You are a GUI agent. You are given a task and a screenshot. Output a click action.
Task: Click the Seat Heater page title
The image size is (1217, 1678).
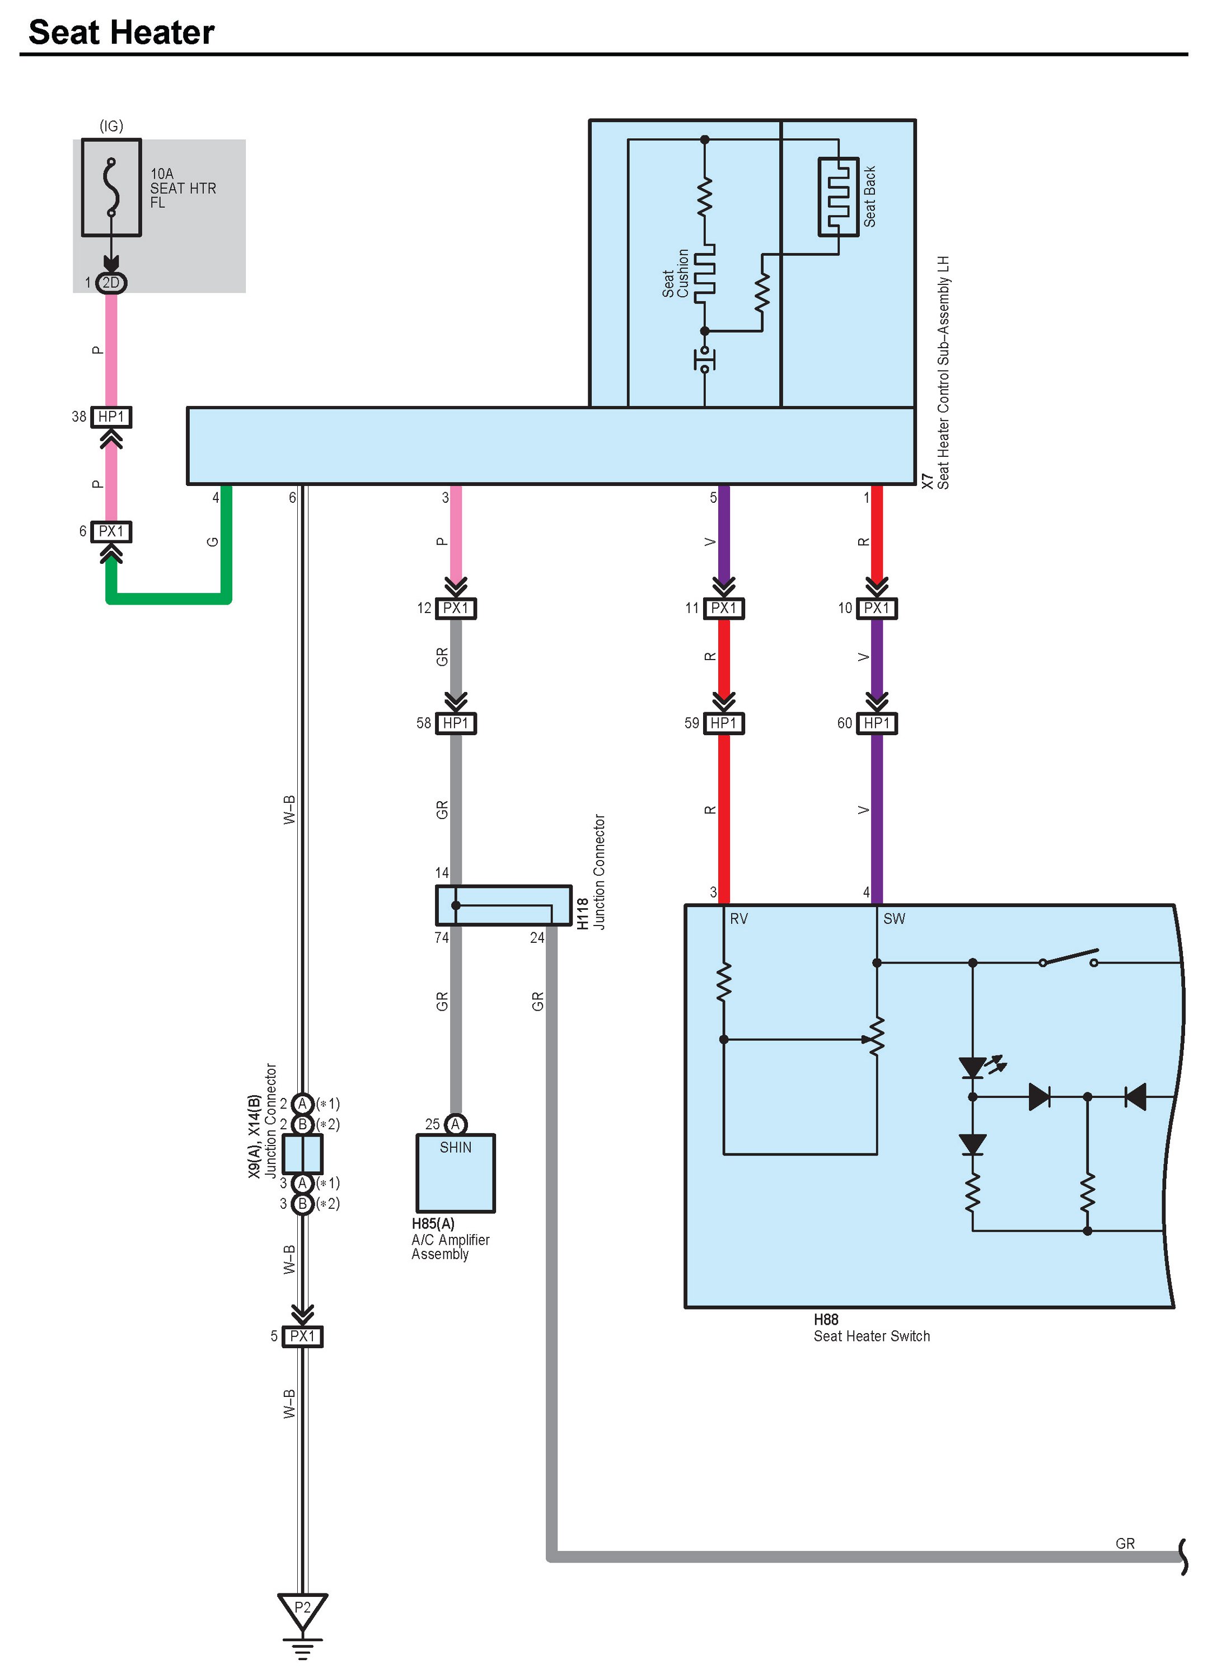click(x=121, y=32)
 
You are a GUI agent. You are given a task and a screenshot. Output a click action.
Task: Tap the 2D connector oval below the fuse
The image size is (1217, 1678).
click(x=111, y=283)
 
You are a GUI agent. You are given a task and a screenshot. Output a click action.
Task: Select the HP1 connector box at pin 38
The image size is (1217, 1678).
click(x=111, y=417)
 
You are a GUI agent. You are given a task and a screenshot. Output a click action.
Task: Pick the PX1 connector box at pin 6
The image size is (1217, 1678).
click(x=111, y=531)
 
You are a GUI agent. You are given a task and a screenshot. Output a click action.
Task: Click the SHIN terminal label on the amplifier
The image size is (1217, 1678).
click(x=455, y=1148)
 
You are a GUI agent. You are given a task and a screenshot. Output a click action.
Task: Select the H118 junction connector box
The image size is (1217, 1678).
click(x=503, y=905)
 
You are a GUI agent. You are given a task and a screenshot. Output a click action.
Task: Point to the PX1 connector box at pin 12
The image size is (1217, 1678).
click(x=456, y=608)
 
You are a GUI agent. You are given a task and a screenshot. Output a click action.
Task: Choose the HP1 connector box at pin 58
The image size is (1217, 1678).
click(x=456, y=723)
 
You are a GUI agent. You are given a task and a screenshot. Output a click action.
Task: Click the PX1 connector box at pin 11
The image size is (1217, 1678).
click(x=724, y=608)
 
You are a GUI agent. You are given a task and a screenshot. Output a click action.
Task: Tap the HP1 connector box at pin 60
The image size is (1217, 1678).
click(x=877, y=723)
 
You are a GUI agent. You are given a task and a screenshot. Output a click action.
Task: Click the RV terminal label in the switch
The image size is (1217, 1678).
click(x=738, y=919)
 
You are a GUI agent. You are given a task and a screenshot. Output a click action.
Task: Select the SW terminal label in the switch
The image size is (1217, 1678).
click(x=893, y=919)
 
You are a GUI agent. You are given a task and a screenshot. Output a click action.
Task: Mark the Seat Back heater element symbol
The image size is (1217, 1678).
click(x=838, y=197)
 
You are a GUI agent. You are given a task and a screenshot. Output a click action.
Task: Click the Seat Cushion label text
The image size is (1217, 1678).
click(x=676, y=274)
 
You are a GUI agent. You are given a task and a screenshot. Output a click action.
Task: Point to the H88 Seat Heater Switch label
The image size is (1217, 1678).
click(x=872, y=1329)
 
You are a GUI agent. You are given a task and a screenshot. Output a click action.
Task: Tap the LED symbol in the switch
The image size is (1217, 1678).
click(x=972, y=1068)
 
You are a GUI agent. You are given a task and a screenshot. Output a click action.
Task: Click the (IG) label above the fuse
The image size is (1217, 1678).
click(x=111, y=126)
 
